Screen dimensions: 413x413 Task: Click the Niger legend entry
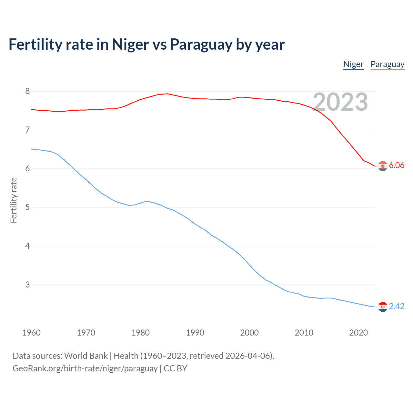[x=353, y=64]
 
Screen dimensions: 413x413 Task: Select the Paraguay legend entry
[x=387, y=64]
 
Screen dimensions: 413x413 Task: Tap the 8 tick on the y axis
[x=27, y=91]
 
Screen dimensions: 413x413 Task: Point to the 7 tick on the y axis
[x=27, y=130]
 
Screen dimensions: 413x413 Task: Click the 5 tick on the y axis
[x=27, y=207]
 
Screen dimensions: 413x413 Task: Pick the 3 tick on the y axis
[x=27, y=285]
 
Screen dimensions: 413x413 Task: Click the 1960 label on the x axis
[x=31, y=333]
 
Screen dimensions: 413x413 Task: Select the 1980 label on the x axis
[x=140, y=333]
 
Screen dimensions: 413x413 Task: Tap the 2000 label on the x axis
[x=249, y=333]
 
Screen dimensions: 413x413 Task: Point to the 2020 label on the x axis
[x=358, y=333]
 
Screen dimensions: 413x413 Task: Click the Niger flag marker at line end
[x=383, y=166]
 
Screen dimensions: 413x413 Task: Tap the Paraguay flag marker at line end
[x=383, y=307]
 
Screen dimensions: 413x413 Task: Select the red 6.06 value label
[x=397, y=166]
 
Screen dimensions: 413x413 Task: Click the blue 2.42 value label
[x=397, y=306]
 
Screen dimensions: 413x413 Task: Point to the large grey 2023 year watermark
[x=340, y=102]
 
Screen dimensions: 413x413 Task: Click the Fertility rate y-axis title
[x=14, y=200]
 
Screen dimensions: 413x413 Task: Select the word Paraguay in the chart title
[x=201, y=45]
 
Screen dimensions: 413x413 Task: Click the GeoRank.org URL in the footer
[x=85, y=368]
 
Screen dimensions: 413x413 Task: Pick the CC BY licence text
[x=175, y=368]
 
